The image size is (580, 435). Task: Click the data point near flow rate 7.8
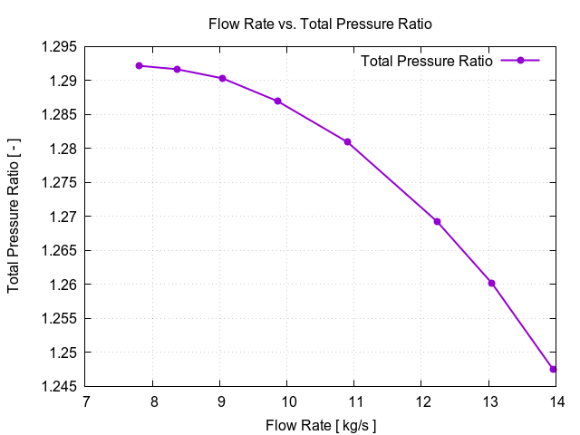click(x=139, y=65)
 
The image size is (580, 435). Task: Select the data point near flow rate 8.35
click(x=178, y=69)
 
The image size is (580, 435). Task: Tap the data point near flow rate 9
click(x=222, y=78)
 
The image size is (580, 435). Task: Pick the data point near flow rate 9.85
click(x=277, y=101)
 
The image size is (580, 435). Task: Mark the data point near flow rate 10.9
click(x=347, y=142)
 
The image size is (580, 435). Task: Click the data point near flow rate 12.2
click(x=437, y=221)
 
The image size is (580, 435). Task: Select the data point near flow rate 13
click(x=492, y=283)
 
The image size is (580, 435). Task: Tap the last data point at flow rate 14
click(x=553, y=369)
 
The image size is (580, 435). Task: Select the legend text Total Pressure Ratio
click(x=426, y=61)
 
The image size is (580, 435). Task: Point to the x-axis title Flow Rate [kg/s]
click(x=321, y=425)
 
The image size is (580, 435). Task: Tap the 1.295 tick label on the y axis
click(x=60, y=47)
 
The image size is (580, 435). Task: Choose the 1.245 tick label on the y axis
click(x=60, y=386)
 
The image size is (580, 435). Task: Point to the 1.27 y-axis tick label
click(x=63, y=217)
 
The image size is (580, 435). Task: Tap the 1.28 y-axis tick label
click(x=63, y=149)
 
